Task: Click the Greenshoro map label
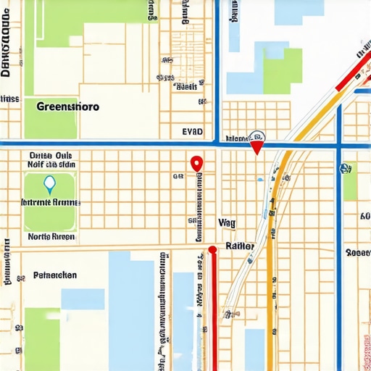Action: pyautogui.click(x=67, y=106)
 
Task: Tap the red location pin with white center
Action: pyautogui.click(x=195, y=164)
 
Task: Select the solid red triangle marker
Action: pyautogui.click(x=255, y=148)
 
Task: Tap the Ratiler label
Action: pyautogui.click(x=240, y=246)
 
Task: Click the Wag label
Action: pyautogui.click(x=227, y=222)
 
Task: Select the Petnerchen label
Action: pyautogui.click(x=55, y=275)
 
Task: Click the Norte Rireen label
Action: pyautogui.click(x=51, y=236)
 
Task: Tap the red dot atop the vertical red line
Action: pyautogui.click(x=212, y=250)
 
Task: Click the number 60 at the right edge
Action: pyautogui.click(x=364, y=216)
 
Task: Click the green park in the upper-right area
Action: pyautogui.click(x=282, y=70)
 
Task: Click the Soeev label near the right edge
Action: pyautogui.click(x=358, y=253)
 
